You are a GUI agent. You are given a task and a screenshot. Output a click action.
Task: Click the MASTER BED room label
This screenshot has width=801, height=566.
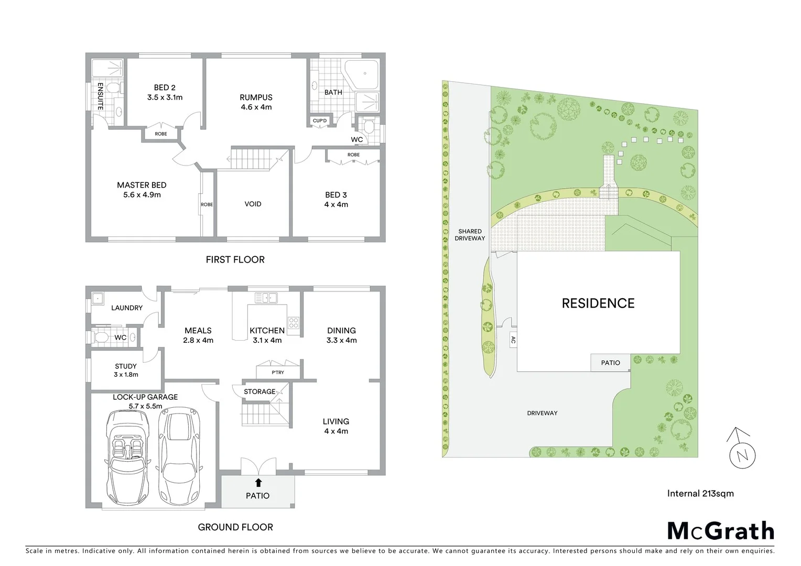(142, 185)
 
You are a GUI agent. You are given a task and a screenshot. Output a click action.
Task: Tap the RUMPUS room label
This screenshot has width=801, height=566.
(256, 97)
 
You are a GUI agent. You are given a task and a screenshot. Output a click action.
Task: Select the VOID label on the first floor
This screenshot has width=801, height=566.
(253, 204)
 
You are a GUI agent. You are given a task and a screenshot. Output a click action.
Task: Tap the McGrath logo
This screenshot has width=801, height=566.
(720, 531)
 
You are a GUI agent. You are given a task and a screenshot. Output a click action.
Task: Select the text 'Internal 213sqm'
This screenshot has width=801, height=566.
(700, 493)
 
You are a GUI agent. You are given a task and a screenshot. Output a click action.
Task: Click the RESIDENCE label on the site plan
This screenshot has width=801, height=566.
(598, 303)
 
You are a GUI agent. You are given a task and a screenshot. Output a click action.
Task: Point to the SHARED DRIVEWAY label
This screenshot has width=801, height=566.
(470, 235)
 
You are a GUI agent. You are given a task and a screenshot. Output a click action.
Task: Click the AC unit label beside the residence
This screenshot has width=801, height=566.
(513, 340)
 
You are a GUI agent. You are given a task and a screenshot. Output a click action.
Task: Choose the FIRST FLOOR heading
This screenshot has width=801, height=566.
(235, 259)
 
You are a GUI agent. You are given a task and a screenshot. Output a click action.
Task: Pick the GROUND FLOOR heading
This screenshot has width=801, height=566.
(235, 527)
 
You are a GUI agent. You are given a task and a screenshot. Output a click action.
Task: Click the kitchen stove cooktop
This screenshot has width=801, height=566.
(293, 323)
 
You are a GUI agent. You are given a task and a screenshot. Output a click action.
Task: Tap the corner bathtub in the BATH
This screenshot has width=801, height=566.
(362, 75)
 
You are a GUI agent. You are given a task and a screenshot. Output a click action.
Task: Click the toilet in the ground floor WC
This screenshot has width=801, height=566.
(101, 336)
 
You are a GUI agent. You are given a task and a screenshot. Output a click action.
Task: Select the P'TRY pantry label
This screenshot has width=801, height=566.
(277, 373)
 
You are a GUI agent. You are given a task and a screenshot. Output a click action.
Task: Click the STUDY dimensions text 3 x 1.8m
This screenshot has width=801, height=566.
(125, 375)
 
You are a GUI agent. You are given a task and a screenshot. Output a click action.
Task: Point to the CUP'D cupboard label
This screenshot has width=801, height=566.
(319, 121)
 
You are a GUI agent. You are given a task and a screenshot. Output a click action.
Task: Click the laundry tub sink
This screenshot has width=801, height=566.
(98, 299)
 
